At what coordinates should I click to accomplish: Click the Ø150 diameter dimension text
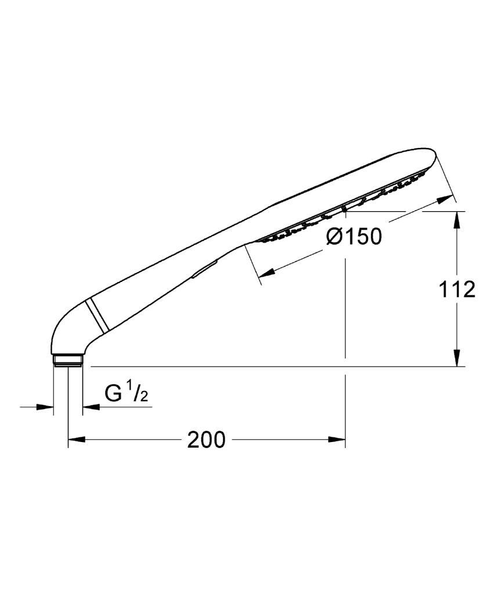(353, 237)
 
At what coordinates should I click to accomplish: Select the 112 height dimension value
(457, 290)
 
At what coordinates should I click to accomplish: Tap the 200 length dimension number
(206, 440)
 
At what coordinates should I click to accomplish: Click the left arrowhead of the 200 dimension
(76, 440)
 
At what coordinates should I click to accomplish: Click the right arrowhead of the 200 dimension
(337, 440)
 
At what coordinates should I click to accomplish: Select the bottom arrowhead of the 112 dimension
(457, 358)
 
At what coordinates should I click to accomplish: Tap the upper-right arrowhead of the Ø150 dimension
(445, 199)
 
